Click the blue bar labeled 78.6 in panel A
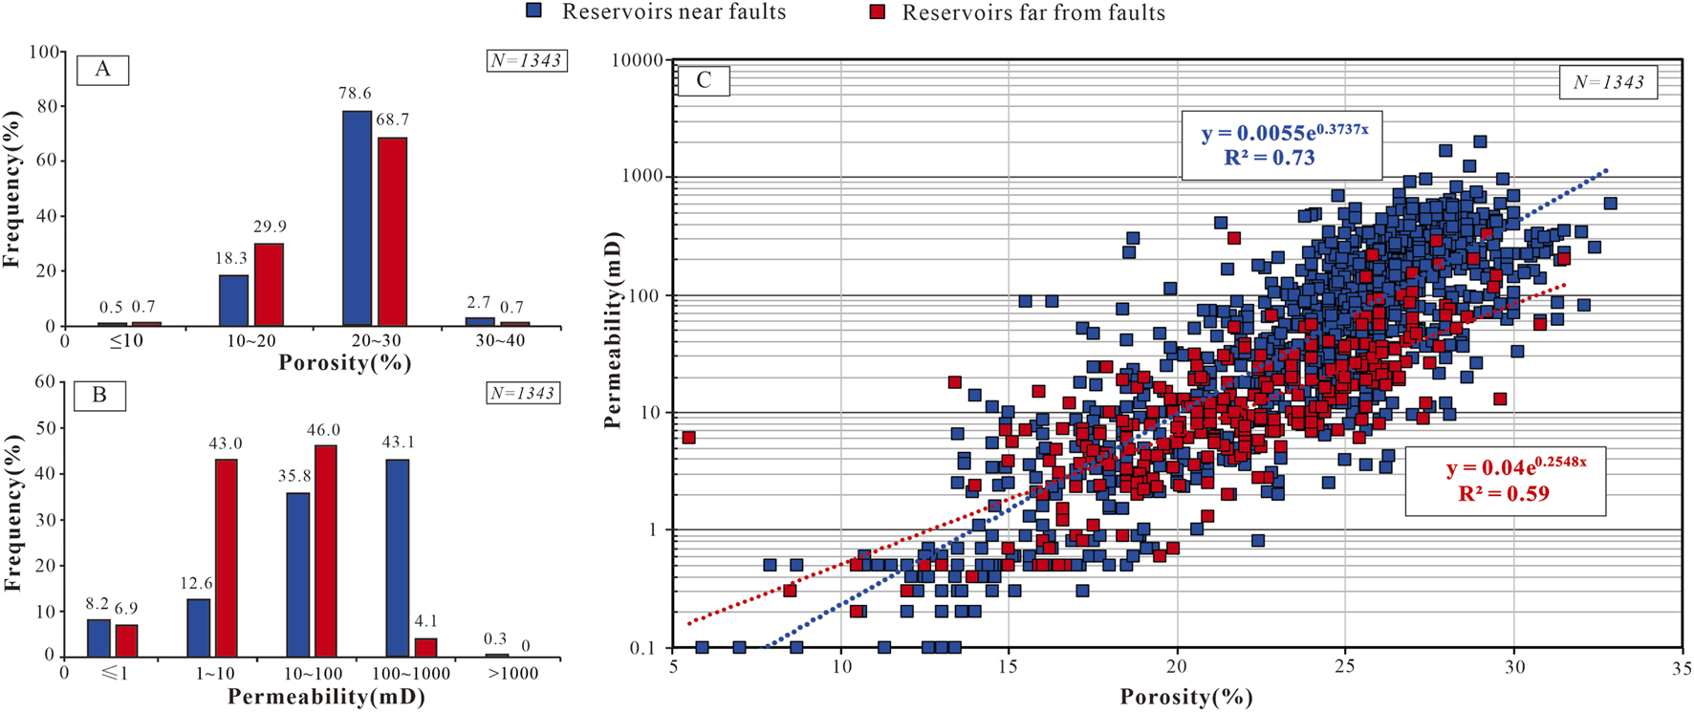(x=357, y=219)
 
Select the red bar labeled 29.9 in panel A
(x=269, y=285)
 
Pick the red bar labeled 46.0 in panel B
(x=325, y=550)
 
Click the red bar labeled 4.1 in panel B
(x=425, y=647)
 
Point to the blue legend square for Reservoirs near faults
(x=535, y=11)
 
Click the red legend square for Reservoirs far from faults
(x=877, y=12)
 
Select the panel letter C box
(x=704, y=80)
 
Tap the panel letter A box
(x=102, y=70)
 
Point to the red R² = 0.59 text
(x=1503, y=494)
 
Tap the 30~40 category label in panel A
(x=500, y=341)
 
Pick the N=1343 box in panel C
(x=1609, y=82)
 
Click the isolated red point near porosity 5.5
(x=688, y=438)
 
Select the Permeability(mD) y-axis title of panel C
(x=614, y=330)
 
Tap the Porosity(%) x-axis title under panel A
(x=344, y=363)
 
